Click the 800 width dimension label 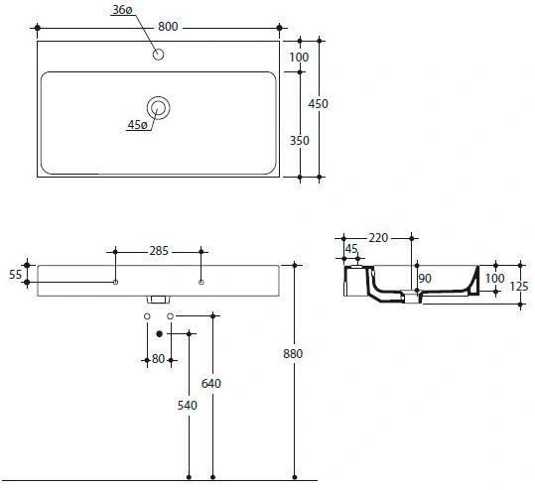click(168, 27)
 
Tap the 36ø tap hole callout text click(122, 10)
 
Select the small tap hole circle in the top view click(159, 55)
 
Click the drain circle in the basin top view click(159, 108)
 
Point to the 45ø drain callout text click(137, 125)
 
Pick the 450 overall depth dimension click(318, 104)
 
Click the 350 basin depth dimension click(299, 141)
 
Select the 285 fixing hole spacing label click(159, 251)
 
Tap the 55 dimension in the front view click(15, 274)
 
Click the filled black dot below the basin click(159, 334)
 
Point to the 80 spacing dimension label click(159, 359)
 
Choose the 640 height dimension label click(210, 384)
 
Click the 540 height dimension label click(188, 406)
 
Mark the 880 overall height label click(293, 354)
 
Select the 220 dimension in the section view click(378, 238)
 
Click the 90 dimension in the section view click(425, 279)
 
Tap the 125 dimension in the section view click(519, 287)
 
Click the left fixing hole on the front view click(116, 282)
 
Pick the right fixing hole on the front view click(201, 282)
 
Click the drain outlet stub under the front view click(159, 300)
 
